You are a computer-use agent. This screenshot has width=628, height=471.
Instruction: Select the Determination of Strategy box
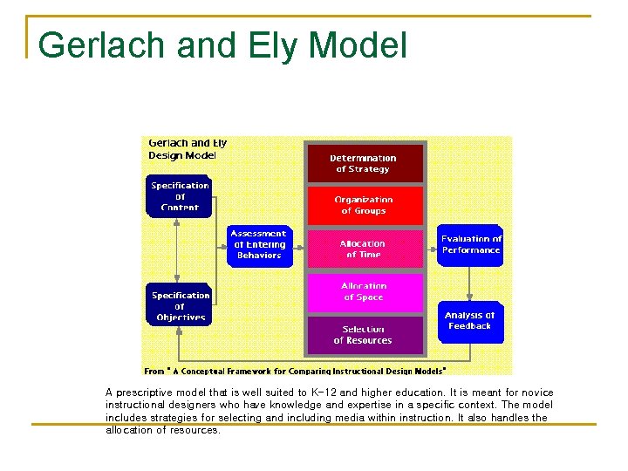(364, 163)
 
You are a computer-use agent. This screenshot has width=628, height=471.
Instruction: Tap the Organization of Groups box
(364, 205)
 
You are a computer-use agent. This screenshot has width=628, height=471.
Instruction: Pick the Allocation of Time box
(364, 249)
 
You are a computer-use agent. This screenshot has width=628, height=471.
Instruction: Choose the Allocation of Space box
(364, 291)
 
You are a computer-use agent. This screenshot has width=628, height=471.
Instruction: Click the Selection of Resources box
(364, 335)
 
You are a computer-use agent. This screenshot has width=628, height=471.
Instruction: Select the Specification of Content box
(180, 196)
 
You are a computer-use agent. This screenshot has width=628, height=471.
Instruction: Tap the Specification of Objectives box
(180, 305)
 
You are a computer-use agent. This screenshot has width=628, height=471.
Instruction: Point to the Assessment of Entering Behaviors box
(259, 245)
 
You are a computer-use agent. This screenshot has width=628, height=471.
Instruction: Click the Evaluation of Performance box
(471, 244)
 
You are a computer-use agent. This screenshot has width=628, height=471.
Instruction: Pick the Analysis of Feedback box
(470, 320)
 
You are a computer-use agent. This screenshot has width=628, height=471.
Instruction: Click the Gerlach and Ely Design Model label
(187, 149)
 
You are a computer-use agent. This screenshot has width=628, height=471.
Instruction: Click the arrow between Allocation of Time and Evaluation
(431, 247)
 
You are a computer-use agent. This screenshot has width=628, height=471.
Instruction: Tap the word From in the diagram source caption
(154, 371)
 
